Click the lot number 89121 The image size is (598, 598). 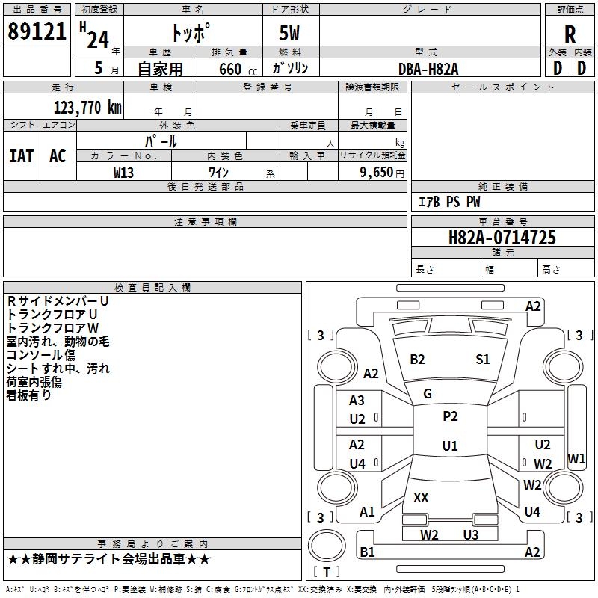pyautogui.click(x=37, y=32)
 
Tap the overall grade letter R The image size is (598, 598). pyautogui.click(x=570, y=34)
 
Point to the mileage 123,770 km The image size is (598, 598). pyautogui.click(x=87, y=107)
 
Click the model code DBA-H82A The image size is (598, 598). pyautogui.click(x=428, y=68)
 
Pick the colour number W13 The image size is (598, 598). pyautogui.click(x=123, y=172)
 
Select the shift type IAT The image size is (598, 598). pyautogui.click(x=21, y=155)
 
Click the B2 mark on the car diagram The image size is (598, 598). pyautogui.click(x=417, y=360)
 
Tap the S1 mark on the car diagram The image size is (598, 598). pyautogui.click(x=483, y=360)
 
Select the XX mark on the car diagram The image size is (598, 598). pyautogui.click(x=421, y=497)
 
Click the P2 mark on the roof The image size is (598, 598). pyautogui.click(x=450, y=416)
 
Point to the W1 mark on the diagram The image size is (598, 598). pyautogui.click(x=576, y=458)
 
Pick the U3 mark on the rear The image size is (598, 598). pyautogui.click(x=470, y=534)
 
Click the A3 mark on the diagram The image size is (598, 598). pyautogui.click(x=357, y=401)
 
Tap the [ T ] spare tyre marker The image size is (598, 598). pyautogui.click(x=327, y=572)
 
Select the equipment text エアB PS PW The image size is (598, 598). pyautogui.click(x=449, y=202)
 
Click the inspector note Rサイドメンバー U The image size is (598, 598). pyautogui.click(x=58, y=300)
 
